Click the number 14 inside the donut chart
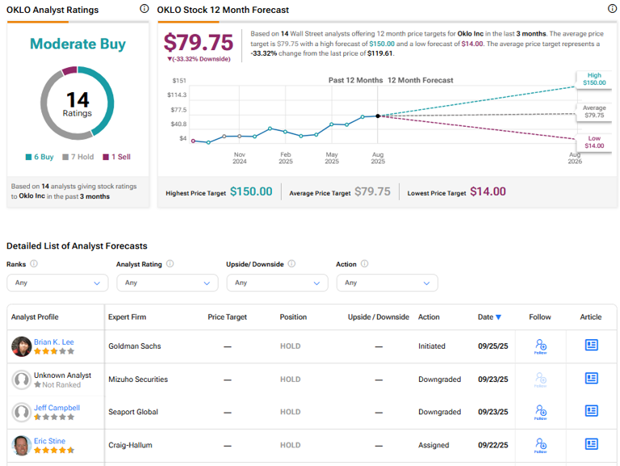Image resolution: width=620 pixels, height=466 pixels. coord(77,99)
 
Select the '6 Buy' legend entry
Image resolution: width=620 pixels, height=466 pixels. coord(41,157)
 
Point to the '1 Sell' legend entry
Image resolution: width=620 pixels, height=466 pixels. coord(119,157)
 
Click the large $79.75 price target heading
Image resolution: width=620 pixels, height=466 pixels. coord(198,42)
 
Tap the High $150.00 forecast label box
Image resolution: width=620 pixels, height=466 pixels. coord(594,78)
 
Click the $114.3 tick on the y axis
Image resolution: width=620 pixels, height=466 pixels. coord(176,94)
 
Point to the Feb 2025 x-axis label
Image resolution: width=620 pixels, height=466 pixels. coord(286,157)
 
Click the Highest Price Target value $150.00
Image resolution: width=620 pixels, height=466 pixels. coord(250,191)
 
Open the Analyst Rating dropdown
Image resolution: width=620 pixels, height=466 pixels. coord(167,283)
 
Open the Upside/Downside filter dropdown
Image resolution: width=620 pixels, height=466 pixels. coord(277,283)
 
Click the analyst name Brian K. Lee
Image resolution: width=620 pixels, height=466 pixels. coord(54,342)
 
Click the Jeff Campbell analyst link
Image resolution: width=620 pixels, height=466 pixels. coord(57,408)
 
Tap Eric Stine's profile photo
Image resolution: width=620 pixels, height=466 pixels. coord(22,445)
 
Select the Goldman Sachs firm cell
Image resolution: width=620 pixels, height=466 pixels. coord(135,346)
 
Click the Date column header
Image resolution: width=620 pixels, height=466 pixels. coord(489,317)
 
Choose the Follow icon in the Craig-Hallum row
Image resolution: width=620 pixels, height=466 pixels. coord(540,445)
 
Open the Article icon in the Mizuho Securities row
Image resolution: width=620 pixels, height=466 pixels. coord(591,379)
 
